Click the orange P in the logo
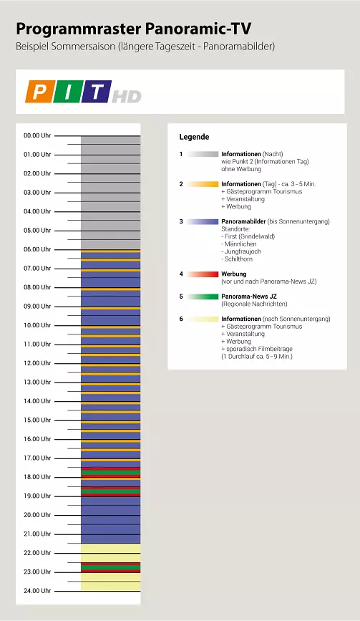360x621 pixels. (x=39, y=92)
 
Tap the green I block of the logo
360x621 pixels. (x=68, y=92)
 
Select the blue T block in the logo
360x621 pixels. (x=97, y=92)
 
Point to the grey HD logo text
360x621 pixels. (x=127, y=97)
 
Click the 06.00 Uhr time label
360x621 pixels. (x=37, y=249)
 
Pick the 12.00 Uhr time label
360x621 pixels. (x=37, y=362)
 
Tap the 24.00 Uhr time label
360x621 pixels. (x=37, y=590)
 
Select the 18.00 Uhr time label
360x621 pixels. (x=37, y=477)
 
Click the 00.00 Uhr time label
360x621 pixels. (x=37, y=135)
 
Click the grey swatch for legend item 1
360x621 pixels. (x=203, y=154)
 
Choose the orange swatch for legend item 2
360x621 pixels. (x=203, y=184)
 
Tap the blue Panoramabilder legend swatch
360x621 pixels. (x=203, y=222)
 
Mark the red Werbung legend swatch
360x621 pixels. (x=203, y=274)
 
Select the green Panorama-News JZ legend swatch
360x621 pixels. (x=203, y=297)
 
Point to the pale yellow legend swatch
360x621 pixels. (x=203, y=319)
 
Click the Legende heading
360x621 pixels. (x=194, y=137)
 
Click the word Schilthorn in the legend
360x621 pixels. (x=238, y=259)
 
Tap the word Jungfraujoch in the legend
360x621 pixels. (x=243, y=251)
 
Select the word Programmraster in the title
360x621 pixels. (x=78, y=29)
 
